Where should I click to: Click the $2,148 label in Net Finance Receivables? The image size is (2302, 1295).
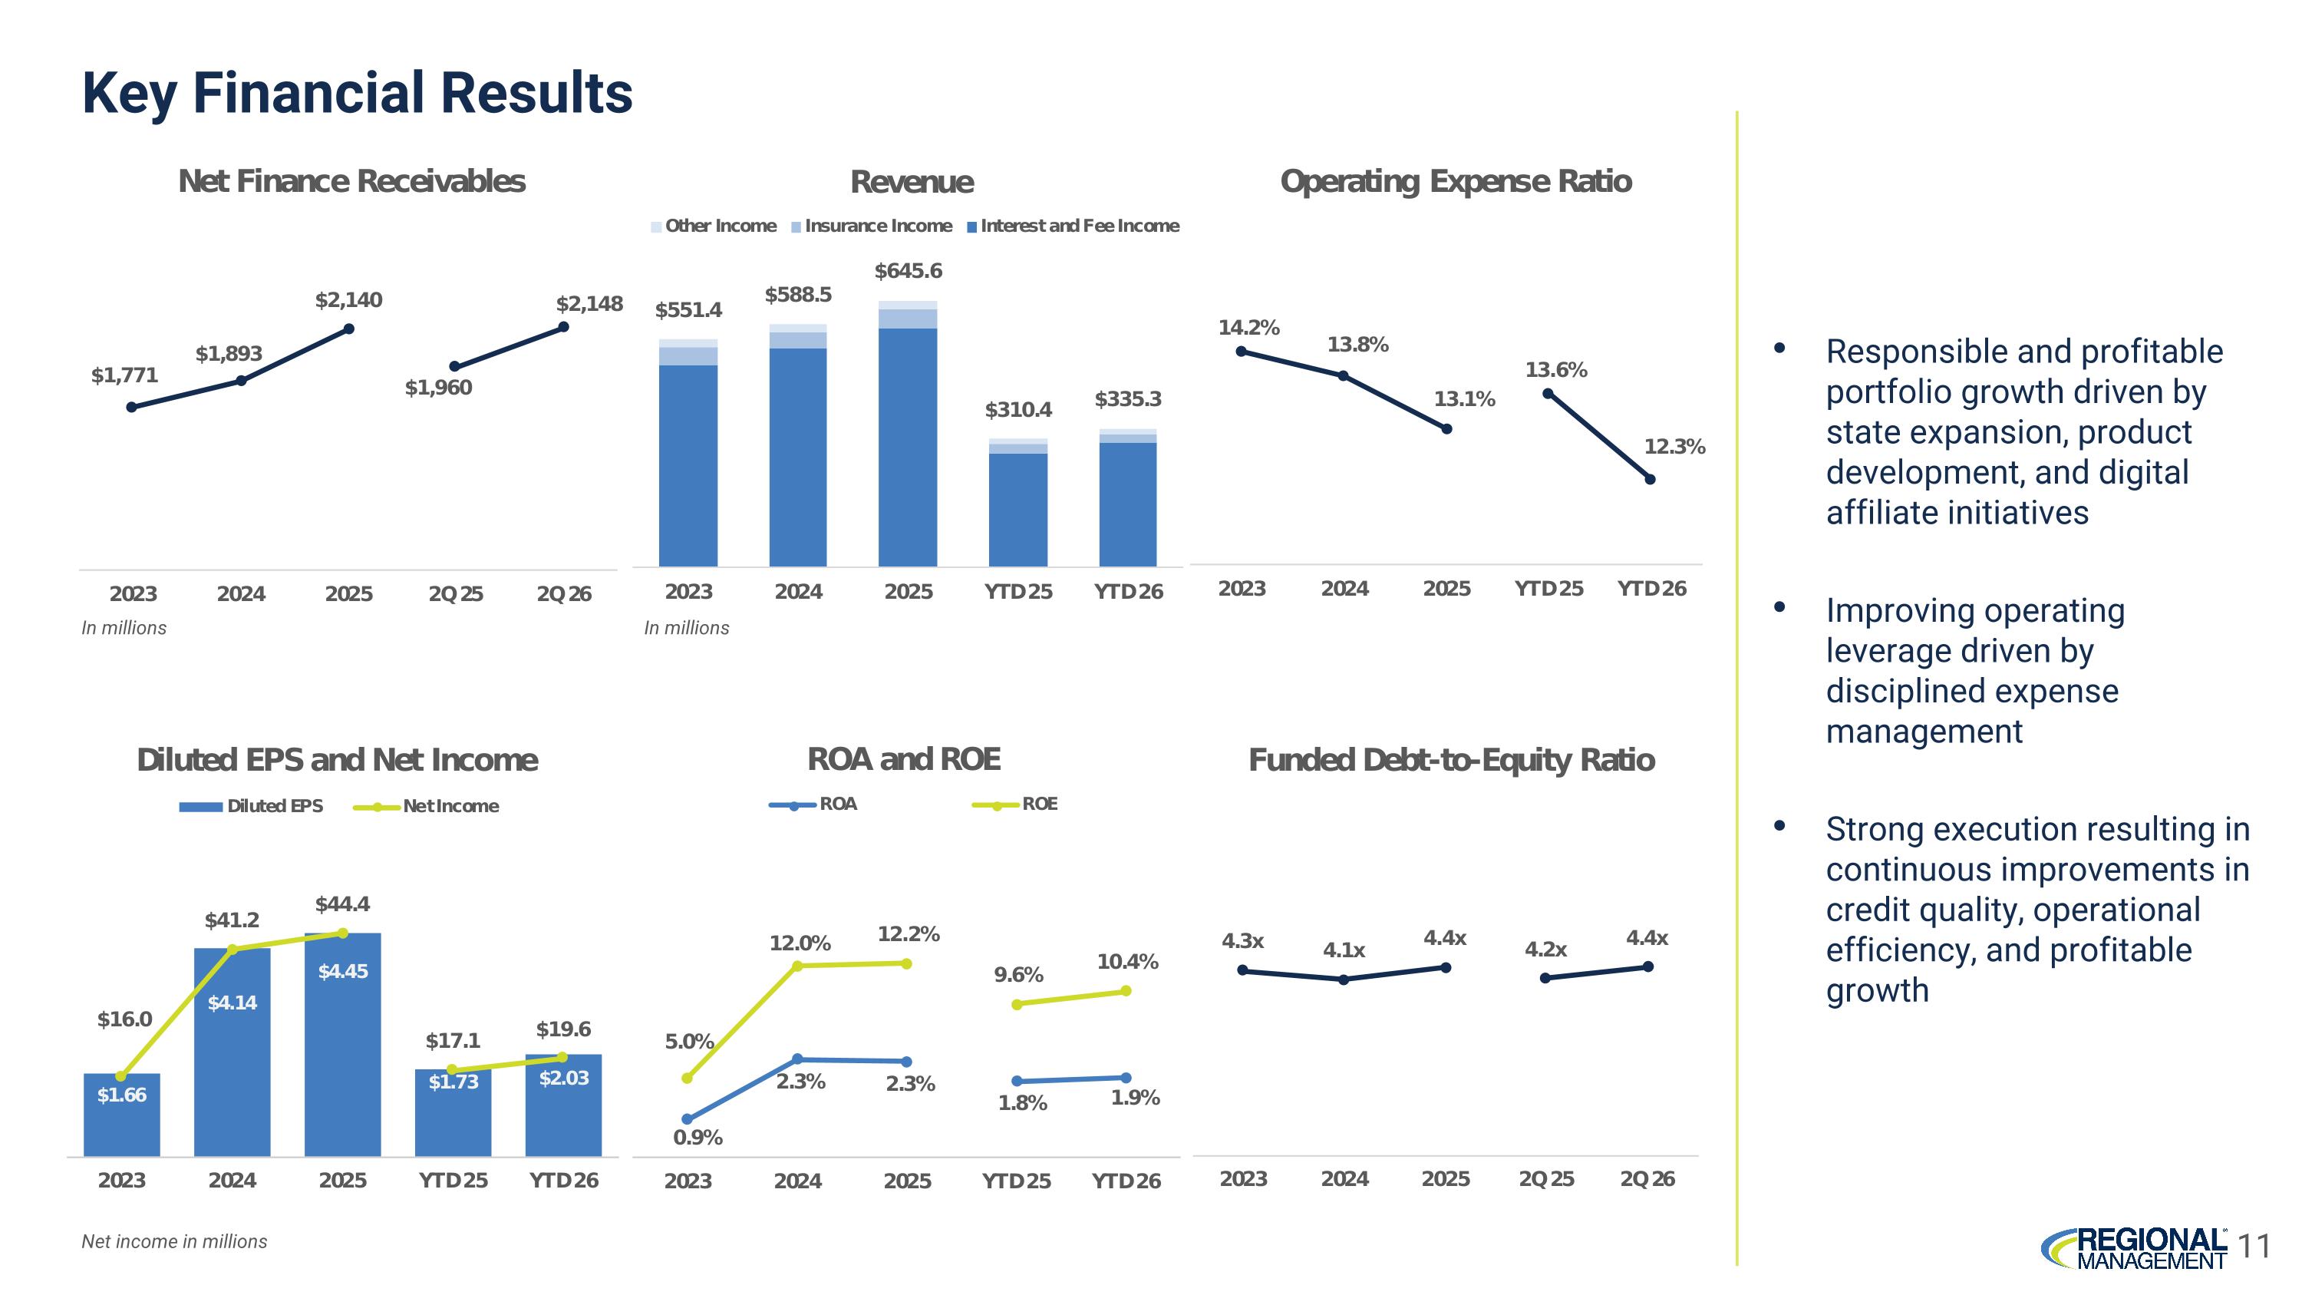pos(589,304)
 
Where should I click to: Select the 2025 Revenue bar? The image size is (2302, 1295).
pos(908,434)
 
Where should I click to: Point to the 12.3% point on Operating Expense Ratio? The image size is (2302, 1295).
pos(1650,479)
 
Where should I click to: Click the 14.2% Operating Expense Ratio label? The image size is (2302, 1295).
pos(1248,328)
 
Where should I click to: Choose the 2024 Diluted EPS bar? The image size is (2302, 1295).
pos(233,1052)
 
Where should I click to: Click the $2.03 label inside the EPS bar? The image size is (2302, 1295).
pos(564,1078)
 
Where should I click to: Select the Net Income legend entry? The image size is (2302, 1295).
pos(427,806)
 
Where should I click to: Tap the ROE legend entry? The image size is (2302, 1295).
pos(1015,804)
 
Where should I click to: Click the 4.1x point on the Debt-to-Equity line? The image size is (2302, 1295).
pos(1344,980)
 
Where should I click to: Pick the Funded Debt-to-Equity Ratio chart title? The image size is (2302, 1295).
pos(1451,761)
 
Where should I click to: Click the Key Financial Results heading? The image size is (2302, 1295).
pos(358,93)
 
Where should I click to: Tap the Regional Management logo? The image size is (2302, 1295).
pos(2134,1247)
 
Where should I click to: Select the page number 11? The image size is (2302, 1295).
pos(2255,1246)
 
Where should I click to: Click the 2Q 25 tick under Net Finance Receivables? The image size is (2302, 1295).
pos(456,594)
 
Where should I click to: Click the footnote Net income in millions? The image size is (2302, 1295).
pos(174,1241)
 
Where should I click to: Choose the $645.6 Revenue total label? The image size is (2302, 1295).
pos(908,271)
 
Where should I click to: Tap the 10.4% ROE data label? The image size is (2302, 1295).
pos(1128,962)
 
